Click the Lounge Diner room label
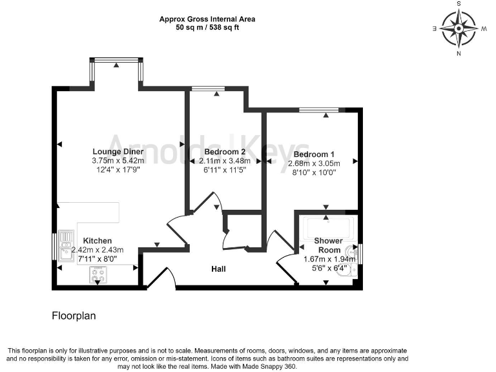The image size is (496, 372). pyautogui.click(x=117, y=152)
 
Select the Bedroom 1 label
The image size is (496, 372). pyautogui.click(x=313, y=155)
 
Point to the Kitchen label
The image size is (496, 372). pyautogui.click(x=96, y=240)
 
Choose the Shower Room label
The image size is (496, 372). pyautogui.click(x=327, y=245)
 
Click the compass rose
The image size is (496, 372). pyautogui.click(x=459, y=28)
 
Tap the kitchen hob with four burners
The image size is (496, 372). pyautogui.click(x=98, y=276)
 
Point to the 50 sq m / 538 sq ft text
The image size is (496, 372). pyautogui.click(x=207, y=28)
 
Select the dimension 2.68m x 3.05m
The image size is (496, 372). pyautogui.click(x=313, y=163)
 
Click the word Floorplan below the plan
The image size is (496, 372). pyautogui.click(x=74, y=317)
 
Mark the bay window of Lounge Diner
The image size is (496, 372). pyautogui.click(x=116, y=61)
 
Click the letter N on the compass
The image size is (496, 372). pyautogui.click(x=459, y=54)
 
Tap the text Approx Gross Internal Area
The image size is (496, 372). pyautogui.click(x=207, y=19)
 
